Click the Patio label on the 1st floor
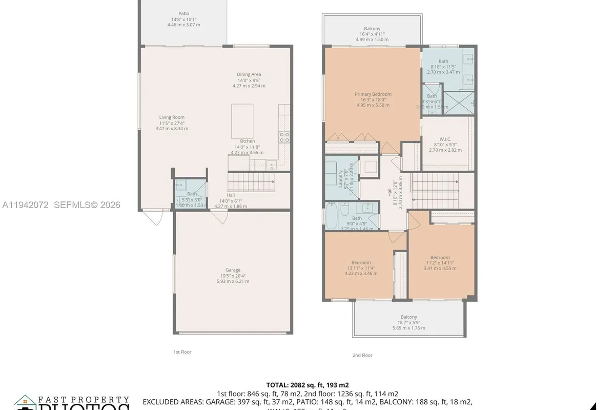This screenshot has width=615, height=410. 183,19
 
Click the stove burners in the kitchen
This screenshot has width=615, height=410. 284,137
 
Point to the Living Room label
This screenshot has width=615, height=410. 172,122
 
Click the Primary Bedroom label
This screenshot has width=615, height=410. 373,99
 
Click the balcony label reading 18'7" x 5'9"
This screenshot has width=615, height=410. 408,322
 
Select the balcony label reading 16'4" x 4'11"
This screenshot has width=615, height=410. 372,34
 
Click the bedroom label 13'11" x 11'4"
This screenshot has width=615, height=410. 361,268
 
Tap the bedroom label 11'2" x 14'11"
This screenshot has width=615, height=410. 440,262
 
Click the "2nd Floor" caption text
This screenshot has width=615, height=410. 362,355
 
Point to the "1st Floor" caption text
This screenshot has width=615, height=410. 182,352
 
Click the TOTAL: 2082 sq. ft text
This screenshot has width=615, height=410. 307,384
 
